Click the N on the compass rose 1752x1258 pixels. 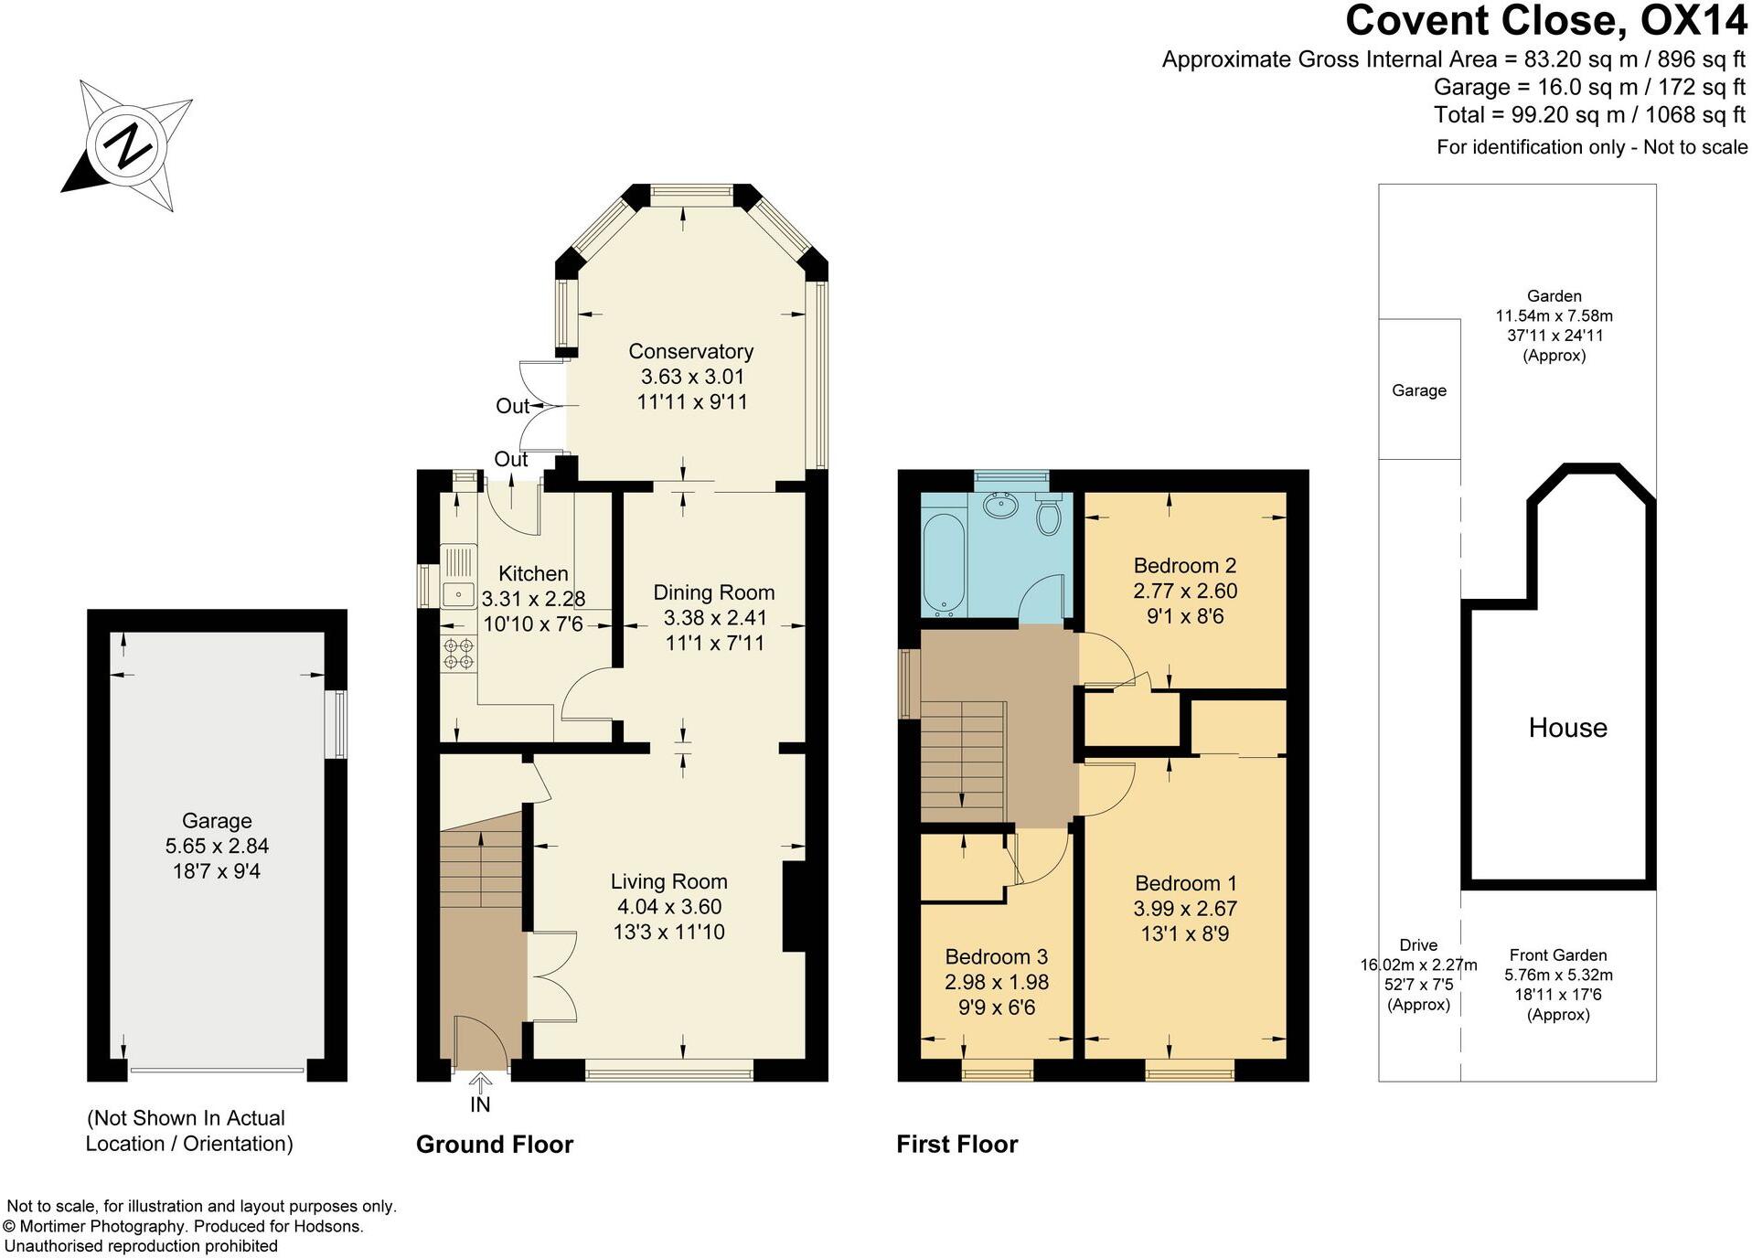pos(127,144)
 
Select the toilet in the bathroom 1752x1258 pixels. pos(1048,517)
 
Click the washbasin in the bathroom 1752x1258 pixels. pos(1001,504)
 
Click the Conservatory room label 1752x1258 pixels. pos(690,351)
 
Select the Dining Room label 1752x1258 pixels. pos(713,592)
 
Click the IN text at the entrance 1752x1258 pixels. pos(480,1104)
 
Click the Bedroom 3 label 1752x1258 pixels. pos(996,956)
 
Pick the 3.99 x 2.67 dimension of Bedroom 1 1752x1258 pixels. pos(1185,909)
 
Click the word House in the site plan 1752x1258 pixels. pos(1567,728)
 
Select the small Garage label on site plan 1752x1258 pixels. pos(1418,390)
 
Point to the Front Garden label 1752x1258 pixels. pos(1557,954)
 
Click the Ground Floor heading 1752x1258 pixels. pos(494,1145)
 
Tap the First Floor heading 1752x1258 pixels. pos(956,1145)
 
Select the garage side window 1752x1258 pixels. pos(339,724)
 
